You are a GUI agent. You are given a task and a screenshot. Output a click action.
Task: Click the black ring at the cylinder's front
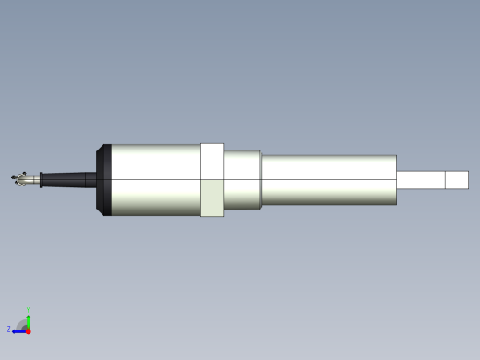point(103,180)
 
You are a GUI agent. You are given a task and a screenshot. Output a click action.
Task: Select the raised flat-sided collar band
point(212,180)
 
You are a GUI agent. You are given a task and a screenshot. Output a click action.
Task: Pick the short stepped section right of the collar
point(243,180)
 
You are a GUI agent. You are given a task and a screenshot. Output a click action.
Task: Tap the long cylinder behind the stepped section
point(328,180)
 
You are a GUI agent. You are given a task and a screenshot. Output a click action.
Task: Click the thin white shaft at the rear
point(420,180)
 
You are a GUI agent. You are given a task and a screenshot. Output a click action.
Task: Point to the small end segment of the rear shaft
point(457,180)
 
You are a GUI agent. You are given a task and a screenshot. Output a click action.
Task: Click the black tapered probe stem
point(69,179)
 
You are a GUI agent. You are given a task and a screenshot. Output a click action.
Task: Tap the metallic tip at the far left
point(18,178)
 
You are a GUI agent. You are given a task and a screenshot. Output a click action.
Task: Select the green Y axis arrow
point(29,318)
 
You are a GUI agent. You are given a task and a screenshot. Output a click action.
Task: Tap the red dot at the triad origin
point(28,330)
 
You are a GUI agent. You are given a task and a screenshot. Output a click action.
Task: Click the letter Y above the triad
point(29,310)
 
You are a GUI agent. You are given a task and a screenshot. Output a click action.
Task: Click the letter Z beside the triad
point(9,329)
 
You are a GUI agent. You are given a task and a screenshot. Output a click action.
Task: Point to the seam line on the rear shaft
point(445,180)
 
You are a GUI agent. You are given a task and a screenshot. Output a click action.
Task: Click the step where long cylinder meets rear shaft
point(397,180)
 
